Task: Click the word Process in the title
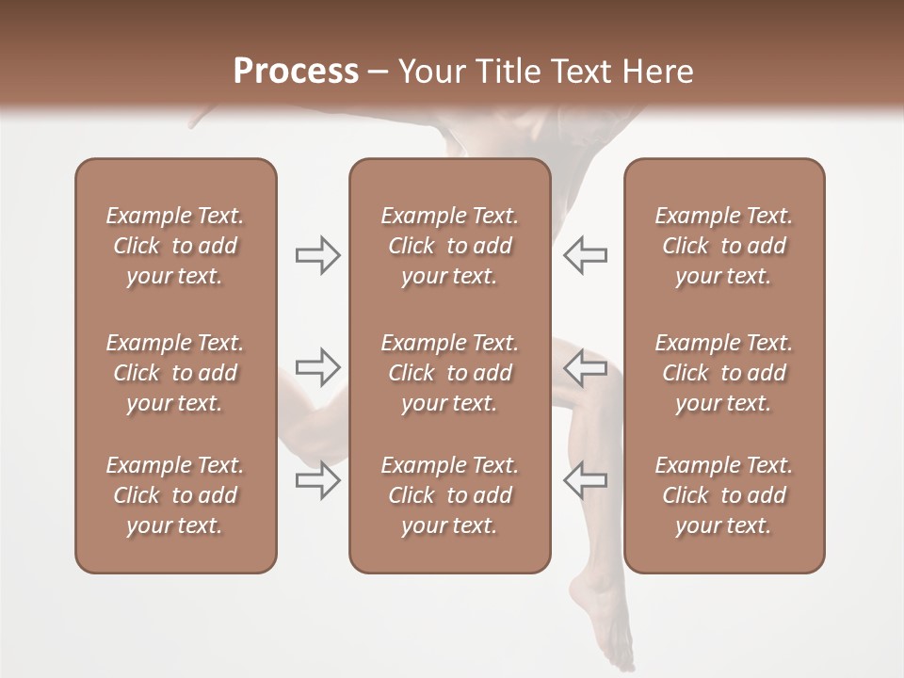(x=296, y=72)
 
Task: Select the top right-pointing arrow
(x=318, y=255)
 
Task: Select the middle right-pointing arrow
(x=318, y=366)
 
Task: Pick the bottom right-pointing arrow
(x=318, y=479)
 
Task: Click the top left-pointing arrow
(x=586, y=255)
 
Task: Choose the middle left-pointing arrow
(x=586, y=366)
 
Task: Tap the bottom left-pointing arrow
(x=586, y=479)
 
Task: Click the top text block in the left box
(x=175, y=246)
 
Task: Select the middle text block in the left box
(x=175, y=373)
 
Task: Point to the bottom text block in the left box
(x=175, y=495)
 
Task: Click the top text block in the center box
(x=449, y=246)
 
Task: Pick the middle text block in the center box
(x=449, y=373)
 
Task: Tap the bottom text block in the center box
(x=449, y=495)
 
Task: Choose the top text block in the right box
(x=723, y=246)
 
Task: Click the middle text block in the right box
(x=723, y=373)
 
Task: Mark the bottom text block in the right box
(x=723, y=495)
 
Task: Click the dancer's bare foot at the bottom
(x=603, y=621)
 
